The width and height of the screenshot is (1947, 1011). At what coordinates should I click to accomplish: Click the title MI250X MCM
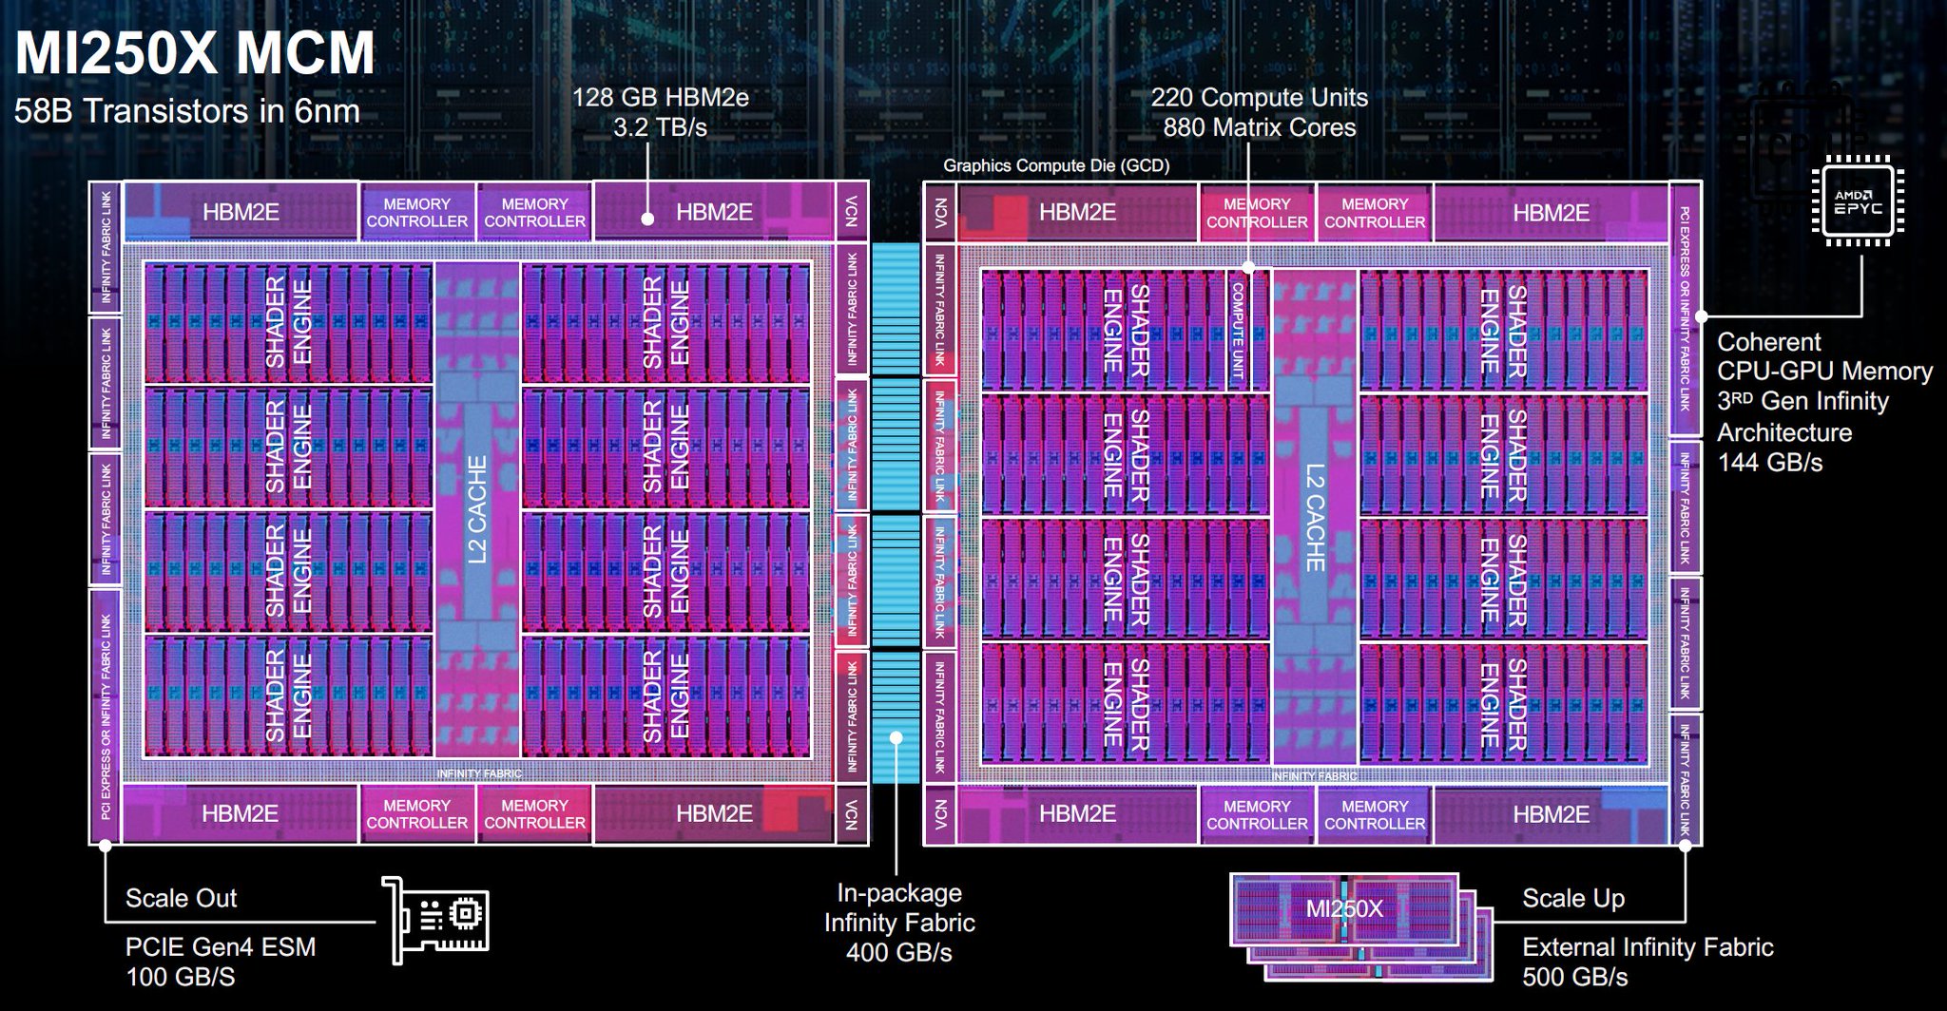[x=195, y=53]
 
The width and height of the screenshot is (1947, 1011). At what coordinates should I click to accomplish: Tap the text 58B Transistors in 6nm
[x=187, y=111]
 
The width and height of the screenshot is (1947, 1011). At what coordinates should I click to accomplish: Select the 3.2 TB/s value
[x=660, y=127]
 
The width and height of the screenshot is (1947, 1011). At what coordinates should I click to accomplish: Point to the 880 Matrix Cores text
[x=1260, y=127]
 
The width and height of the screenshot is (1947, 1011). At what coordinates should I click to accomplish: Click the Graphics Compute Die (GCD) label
[x=1056, y=165]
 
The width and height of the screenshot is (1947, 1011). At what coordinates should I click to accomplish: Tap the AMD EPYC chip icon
[x=1859, y=200]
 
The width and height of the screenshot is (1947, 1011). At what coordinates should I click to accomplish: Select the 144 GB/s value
[x=1770, y=463]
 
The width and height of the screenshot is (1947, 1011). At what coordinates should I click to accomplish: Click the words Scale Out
[x=181, y=898]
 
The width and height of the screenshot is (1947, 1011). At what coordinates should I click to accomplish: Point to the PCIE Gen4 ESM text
[x=221, y=946]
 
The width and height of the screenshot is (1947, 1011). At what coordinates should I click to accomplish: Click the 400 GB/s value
[x=899, y=952]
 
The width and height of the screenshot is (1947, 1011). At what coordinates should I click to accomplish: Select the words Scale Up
[x=1573, y=898]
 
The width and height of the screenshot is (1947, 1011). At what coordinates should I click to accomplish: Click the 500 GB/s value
[x=1575, y=977]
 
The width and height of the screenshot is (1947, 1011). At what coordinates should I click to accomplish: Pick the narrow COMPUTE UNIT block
[x=1238, y=331]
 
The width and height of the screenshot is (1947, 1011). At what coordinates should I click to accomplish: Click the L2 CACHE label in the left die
[x=477, y=509]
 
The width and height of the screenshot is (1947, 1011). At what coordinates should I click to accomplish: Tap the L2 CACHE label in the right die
[x=1315, y=517]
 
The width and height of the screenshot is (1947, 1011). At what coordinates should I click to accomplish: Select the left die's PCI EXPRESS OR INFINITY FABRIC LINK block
[x=105, y=716]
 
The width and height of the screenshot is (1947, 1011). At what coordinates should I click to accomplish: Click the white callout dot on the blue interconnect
[x=896, y=737]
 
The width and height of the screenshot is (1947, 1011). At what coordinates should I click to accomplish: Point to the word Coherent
[x=1769, y=342]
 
